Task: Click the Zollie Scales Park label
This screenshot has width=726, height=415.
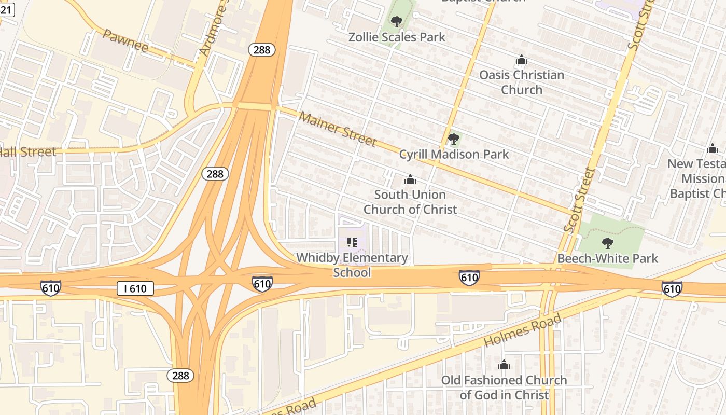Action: [x=397, y=37]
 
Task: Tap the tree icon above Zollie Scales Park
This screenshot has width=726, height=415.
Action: [x=397, y=21]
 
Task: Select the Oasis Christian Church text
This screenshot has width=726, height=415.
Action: [x=521, y=82]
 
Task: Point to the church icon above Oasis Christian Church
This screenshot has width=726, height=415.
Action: [x=521, y=60]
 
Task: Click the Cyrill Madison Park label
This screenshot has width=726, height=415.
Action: [x=454, y=154]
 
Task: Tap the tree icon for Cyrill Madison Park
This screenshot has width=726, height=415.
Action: [x=454, y=139]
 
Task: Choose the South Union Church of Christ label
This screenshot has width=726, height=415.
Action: [x=410, y=202]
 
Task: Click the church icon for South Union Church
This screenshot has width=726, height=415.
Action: [x=410, y=179]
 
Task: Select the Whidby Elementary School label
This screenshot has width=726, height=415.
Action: [x=352, y=265]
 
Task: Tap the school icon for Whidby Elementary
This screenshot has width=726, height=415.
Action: [x=352, y=242]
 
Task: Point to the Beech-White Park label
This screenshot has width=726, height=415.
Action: [x=607, y=258]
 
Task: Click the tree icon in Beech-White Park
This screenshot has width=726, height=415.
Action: [x=607, y=242]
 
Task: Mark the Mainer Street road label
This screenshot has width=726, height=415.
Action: [x=338, y=128]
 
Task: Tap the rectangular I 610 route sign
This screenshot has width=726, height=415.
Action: [x=135, y=288]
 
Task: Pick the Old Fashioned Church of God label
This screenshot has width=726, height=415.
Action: [x=504, y=387]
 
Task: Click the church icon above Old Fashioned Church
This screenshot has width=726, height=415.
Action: [x=504, y=365]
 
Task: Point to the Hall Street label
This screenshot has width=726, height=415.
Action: [x=27, y=152]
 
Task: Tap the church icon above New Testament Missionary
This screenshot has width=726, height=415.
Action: [x=713, y=149]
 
